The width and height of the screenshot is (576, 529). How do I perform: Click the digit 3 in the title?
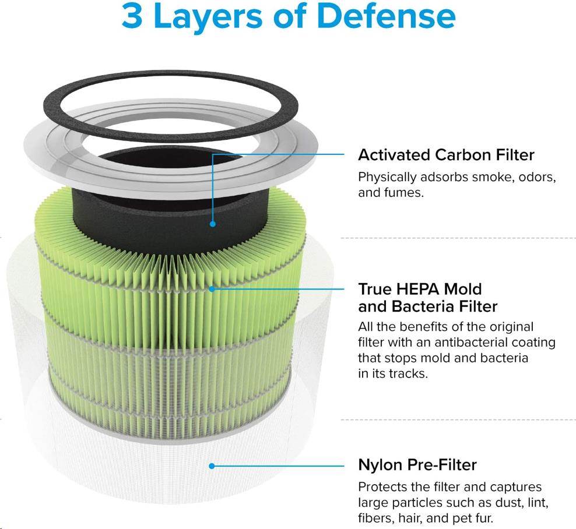pyautogui.click(x=132, y=16)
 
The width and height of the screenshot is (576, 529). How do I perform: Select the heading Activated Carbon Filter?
pyautogui.click(x=446, y=155)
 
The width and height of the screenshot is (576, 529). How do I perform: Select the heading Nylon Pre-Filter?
pyautogui.click(x=417, y=465)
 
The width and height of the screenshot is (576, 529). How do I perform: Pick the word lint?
pyautogui.click(x=538, y=503)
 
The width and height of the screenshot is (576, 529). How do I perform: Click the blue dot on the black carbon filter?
pyautogui.click(x=212, y=224)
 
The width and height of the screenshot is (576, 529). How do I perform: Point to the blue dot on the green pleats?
pyautogui.click(x=212, y=289)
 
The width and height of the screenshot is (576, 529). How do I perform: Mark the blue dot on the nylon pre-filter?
pyautogui.click(x=212, y=466)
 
